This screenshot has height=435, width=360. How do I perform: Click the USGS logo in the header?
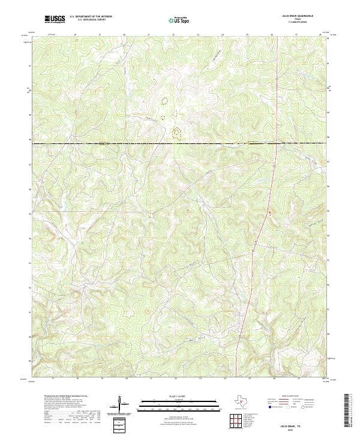coord(55,19)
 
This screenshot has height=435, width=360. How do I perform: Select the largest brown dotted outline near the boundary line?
coord(176,131)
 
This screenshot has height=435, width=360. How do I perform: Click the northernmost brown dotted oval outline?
coord(164,100)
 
